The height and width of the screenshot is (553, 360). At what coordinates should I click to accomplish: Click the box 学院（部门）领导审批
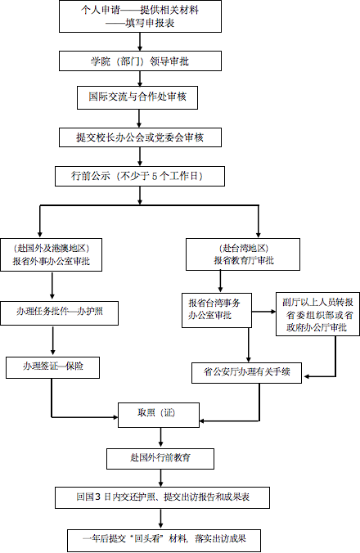point(140,61)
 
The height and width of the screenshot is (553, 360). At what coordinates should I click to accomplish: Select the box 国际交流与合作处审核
point(137,97)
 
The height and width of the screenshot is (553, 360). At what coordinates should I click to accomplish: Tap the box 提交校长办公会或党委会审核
point(140,137)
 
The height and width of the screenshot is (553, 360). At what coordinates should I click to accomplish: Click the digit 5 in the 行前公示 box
point(155,176)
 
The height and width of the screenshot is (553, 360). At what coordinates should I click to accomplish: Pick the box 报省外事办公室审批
point(51,254)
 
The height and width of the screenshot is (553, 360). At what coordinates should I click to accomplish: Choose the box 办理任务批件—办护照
point(59,313)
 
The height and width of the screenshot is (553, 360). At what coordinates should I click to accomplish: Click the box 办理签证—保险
point(52,367)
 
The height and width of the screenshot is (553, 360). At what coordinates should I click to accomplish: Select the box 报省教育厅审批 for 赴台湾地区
point(243,254)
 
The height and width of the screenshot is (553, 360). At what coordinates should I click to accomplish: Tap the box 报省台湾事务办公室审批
point(217,310)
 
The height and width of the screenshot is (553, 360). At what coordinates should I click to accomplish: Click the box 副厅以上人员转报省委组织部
point(317,314)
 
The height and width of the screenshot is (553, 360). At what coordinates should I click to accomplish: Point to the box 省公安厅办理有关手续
point(246,373)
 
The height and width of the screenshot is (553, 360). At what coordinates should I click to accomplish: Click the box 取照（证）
point(158,415)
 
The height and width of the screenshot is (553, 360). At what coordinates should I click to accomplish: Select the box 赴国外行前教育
point(160,458)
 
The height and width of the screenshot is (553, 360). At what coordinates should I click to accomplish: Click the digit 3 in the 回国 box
point(98,497)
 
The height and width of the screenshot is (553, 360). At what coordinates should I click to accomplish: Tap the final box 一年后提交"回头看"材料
point(164,540)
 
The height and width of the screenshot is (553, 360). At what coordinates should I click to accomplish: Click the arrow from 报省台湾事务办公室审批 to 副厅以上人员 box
point(263,312)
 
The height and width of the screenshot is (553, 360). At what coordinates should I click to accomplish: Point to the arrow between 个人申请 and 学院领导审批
point(140,42)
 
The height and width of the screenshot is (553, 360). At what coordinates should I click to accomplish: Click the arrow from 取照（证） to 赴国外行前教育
point(161,438)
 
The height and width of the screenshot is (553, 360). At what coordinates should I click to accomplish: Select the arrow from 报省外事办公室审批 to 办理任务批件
point(52,286)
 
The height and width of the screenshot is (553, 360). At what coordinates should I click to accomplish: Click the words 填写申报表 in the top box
point(151,23)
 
